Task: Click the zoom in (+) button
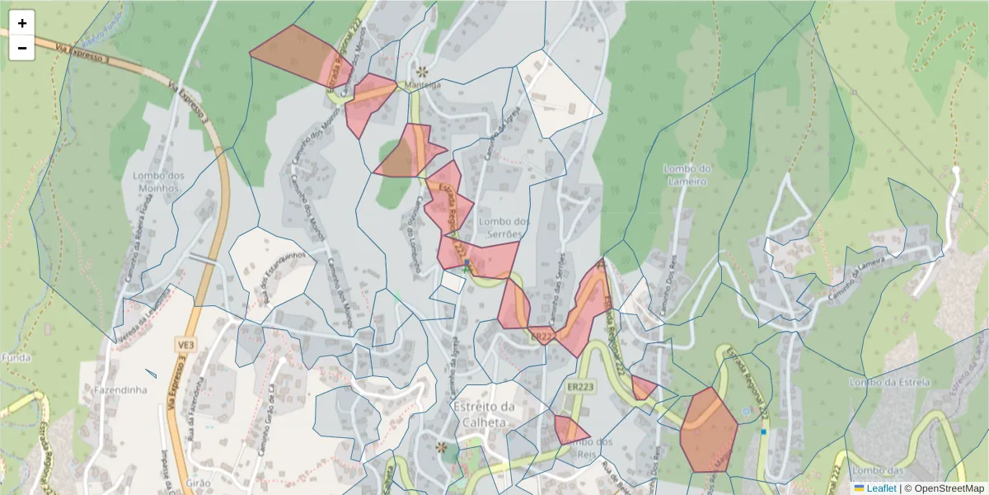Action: (x=22, y=23)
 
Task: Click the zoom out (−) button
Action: (x=22, y=48)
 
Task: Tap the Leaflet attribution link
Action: (x=880, y=488)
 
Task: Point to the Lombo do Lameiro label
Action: (x=686, y=175)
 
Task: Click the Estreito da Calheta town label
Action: (x=485, y=413)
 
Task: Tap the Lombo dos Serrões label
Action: (x=504, y=228)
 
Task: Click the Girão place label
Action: (x=199, y=482)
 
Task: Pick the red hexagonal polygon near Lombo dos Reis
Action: (x=709, y=430)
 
